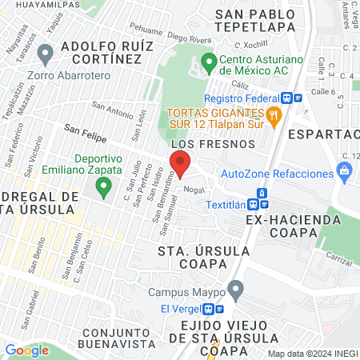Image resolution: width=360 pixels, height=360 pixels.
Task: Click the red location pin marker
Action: tap(178, 162)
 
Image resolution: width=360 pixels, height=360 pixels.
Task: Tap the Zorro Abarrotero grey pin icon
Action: tap(46, 54)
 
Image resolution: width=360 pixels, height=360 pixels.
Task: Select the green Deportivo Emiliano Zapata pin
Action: tap(102, 188)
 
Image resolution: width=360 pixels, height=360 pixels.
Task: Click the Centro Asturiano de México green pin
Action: tap(209, 62)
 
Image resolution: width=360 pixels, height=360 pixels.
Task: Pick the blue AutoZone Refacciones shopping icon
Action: tap(345, 170)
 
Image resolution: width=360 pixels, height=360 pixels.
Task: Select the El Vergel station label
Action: tap(180, 309)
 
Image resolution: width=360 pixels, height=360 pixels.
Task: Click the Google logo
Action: tap(27, 350)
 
